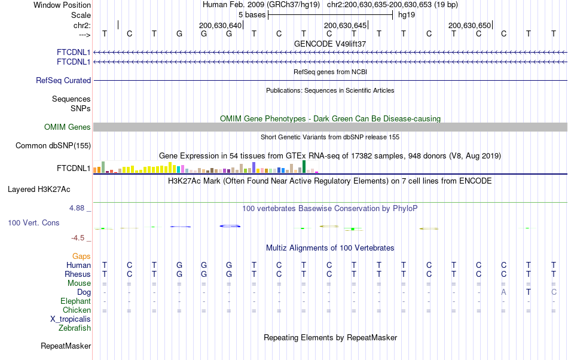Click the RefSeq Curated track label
pos(63,80)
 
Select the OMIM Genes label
pos(67,127)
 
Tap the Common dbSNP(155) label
pos(53,145)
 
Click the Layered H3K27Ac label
pos(39,190)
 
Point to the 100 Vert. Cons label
pos(33,222)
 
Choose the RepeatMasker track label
pos(66,346)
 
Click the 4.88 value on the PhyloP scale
pos(77,208)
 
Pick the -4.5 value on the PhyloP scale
pos(78,237)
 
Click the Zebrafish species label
pos(75,328)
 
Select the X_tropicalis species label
pos(71,319)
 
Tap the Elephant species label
pos(75,301)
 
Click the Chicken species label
pos(77,310)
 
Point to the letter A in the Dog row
pos(503,292)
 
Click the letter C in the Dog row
pos(554,292)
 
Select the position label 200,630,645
pos(345,25)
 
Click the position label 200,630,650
pos(469,25)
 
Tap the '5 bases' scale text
pos(252,15)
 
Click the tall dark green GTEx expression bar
pos(304,167)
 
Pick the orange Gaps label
pos(81,256)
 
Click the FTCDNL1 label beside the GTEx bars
pos(74,169)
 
